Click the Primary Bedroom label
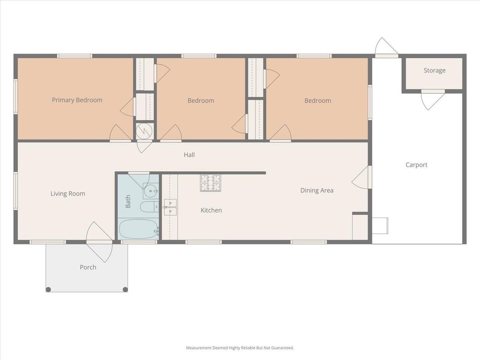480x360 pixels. pos(77,100)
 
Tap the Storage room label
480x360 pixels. pos(435,70)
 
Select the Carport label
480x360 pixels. pos(416,165)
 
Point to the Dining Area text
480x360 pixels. pos(317,190)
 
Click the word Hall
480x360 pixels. pos(189,155)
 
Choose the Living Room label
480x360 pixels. pos(67,194)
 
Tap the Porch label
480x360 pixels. pos(88,267)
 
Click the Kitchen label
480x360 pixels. pos(211,210)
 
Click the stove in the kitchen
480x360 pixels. pos(210,183)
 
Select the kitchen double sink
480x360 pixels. pos(170,207)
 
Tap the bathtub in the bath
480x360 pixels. pos(139,229)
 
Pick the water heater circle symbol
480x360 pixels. pos(144,131)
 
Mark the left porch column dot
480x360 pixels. pos(48,289)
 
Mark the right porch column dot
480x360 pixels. pos(125,289)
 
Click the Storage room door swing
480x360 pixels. pos(433,100)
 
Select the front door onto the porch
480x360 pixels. pos(99,242)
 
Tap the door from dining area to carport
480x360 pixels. pos(362,178)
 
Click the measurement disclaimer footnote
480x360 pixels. pos(240,348)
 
